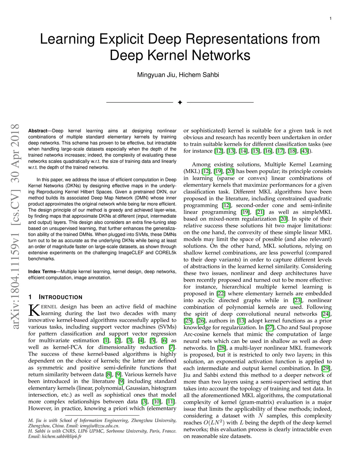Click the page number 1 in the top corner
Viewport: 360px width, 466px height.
(330, 18)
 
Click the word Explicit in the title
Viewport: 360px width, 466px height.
(121, 39)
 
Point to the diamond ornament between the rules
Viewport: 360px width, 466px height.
(180, 102)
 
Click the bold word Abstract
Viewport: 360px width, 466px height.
(38, 131)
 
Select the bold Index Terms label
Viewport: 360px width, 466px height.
(42, 272)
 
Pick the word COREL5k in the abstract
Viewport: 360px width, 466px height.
(166, 253)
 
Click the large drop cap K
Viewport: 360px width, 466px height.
(34, 310)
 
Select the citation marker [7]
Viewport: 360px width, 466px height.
(172, 347)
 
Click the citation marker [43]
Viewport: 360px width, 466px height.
(304, 151)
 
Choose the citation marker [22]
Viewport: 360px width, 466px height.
(221, 294)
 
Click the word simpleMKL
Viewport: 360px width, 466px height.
(316, 212)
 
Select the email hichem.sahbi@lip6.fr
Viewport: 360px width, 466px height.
(62, 436)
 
